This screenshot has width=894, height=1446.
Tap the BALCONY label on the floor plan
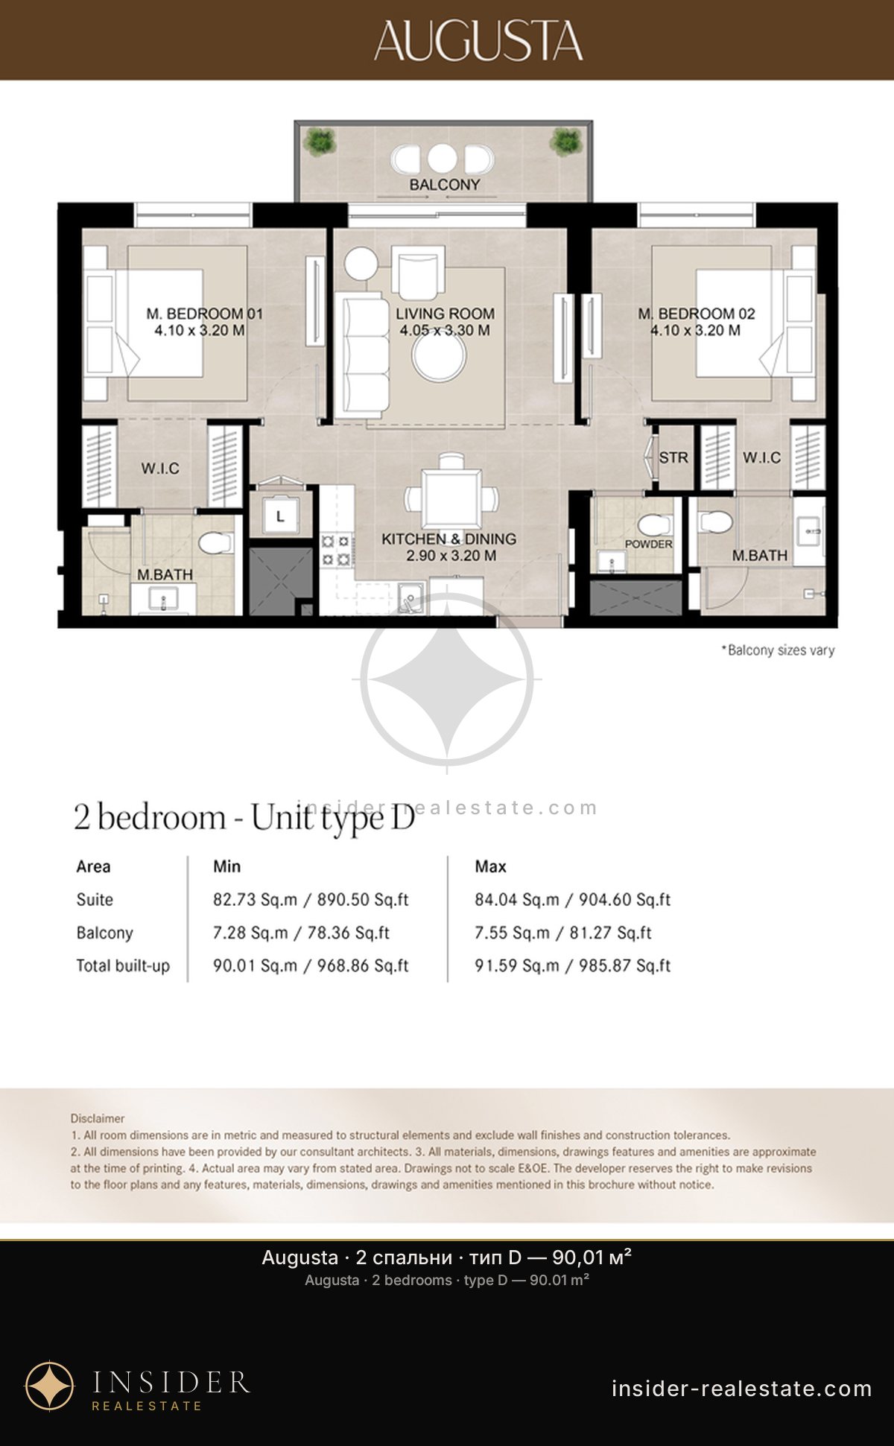tap(445, 184)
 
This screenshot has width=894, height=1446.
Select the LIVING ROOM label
tap(445, 314)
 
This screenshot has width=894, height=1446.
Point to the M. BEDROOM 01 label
tap(204, 314)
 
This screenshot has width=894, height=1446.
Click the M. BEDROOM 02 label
tap(697, 314)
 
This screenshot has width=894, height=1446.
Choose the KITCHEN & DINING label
tap(448, 539)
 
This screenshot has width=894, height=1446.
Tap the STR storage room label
tap(673, 457)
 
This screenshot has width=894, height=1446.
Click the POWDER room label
tap(648, 544)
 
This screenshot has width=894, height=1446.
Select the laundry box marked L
tap(280, 516)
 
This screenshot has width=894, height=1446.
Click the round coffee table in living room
tap(440, 357)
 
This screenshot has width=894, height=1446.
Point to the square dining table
tap(451, 498)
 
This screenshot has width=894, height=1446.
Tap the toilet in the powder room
tap(654, 525)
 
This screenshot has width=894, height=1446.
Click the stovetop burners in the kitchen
tap(335, 550)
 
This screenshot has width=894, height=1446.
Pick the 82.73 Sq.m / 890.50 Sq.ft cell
tap(311, 899)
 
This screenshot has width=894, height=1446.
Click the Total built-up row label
tap(123, 965)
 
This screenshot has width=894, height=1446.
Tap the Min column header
tap(226, 866)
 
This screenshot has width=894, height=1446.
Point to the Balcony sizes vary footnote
tap(778, 650)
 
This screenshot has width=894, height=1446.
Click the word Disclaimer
tap(98, 1118)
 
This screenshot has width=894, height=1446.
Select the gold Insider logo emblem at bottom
tap(50, 1386)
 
